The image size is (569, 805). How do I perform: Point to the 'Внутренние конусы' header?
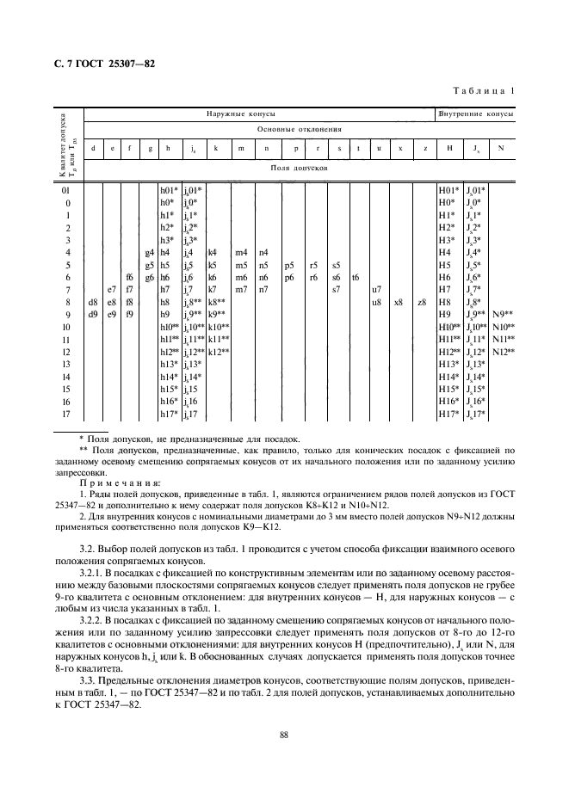point(476,114)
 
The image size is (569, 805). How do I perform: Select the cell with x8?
point(399,303)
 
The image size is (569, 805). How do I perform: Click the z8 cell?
point(422,303)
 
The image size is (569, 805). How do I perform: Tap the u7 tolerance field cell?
point(376,290)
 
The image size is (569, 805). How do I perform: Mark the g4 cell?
point(149,252)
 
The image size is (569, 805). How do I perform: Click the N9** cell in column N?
point(503,315)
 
